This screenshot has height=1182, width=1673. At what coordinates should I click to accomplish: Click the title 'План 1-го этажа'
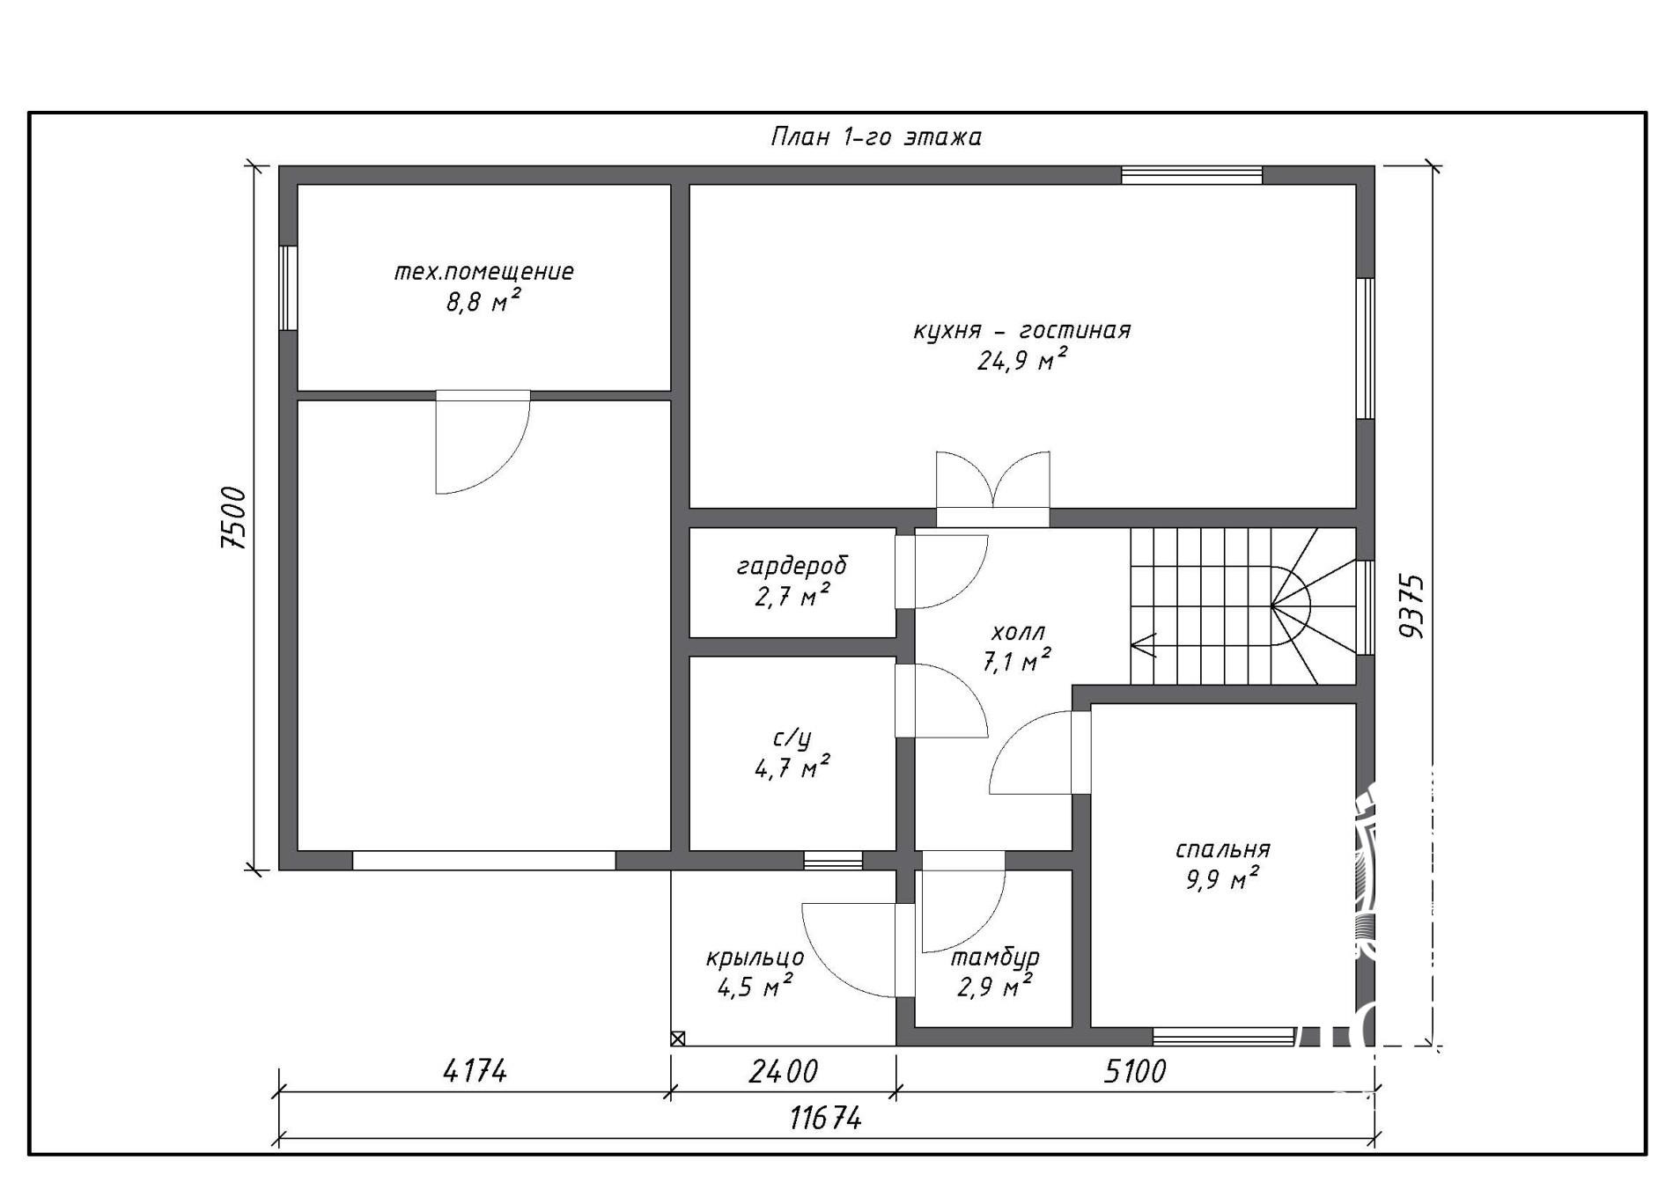point(876,137)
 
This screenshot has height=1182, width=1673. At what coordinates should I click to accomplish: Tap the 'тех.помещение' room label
point(483,272)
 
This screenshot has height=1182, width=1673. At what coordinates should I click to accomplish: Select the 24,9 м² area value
point(1022,359)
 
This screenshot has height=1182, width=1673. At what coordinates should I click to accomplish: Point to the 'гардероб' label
point(792,565)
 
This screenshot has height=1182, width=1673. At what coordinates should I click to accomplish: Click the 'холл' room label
point(1018,632)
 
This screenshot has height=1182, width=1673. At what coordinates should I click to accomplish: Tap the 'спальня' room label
point(1223,849)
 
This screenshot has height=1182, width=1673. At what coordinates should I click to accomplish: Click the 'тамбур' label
point(995,957)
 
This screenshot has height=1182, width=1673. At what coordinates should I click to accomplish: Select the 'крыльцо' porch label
point(755,958)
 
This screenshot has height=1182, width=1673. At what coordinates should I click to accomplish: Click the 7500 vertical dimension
point(234,518)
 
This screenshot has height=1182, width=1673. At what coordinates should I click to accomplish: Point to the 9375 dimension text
point(1410,606)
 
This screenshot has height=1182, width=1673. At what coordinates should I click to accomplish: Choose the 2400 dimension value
point(783,1071)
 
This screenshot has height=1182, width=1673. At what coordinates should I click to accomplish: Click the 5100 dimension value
point(1134,1071)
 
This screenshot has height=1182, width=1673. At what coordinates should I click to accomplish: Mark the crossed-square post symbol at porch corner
point(677,1039)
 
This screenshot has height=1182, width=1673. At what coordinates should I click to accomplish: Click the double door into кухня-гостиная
point(992,488)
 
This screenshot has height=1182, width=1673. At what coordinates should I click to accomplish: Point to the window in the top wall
point(1191,174)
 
